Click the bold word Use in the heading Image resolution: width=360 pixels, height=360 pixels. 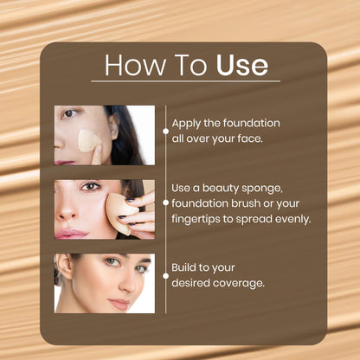coord(242,65)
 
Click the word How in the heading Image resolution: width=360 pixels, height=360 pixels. coord(135,65)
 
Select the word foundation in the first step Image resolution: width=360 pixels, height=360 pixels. coord(252,123)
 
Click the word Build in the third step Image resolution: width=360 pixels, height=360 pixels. coord(183,267)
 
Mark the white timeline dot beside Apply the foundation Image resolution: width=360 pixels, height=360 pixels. coord(166,132)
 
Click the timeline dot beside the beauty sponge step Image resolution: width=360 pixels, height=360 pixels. coord(166,202)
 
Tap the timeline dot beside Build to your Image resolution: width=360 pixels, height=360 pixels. coord(166,276)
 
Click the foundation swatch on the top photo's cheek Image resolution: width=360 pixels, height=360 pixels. coord(88,141)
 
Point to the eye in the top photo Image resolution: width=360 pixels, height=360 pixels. coord(69,113)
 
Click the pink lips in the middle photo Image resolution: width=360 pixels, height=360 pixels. coord(71,233)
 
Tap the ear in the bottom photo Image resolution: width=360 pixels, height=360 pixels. coord(64,267)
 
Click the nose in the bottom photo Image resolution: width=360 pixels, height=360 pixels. coord(127,284)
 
